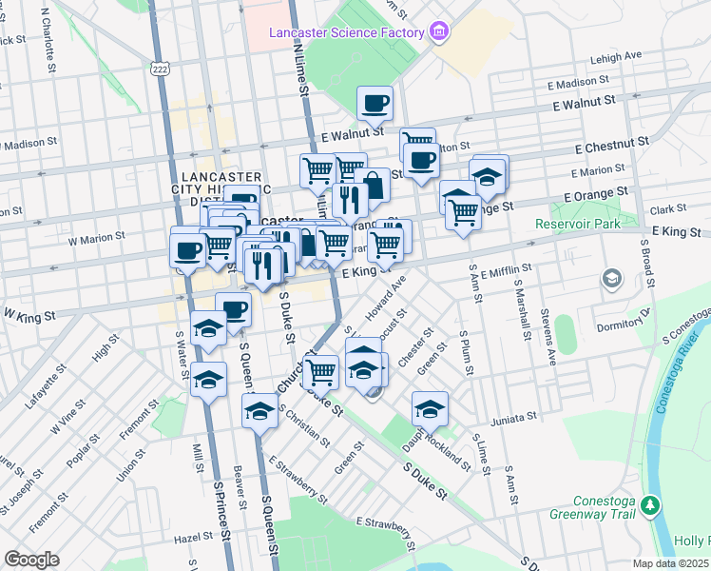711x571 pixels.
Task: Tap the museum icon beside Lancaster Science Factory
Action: point(437,32)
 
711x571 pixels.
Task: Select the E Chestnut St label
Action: point(613,143)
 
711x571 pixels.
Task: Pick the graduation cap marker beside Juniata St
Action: point(430,408)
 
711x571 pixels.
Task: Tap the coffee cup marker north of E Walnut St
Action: point(375,103)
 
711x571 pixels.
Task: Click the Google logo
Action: point(31,560)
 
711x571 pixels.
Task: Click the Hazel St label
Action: point(193,538)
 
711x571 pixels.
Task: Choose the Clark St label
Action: point(668,209)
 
